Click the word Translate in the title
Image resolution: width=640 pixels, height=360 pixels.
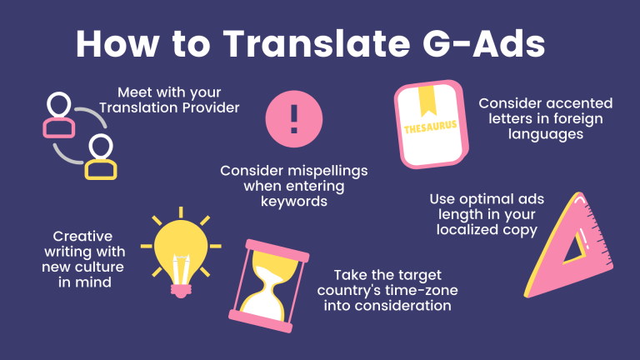point(317,43)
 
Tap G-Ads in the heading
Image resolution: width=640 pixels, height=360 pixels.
point(484,43)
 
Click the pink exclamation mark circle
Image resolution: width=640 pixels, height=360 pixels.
point(294,119)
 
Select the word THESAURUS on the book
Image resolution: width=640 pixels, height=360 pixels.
point(430,127)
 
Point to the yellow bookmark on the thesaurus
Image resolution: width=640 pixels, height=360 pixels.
point(427,100)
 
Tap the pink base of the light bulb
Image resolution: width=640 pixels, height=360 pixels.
point(181,290)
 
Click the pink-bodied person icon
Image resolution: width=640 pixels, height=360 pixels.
point(59,115)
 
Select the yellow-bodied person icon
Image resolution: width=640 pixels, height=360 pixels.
point(101,157)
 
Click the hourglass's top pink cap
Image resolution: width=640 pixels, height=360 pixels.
point(277,250)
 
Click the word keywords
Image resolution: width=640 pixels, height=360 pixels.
point(294,201)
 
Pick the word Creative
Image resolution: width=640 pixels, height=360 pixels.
point(82,237)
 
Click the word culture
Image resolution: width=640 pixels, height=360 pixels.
point(100,267)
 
